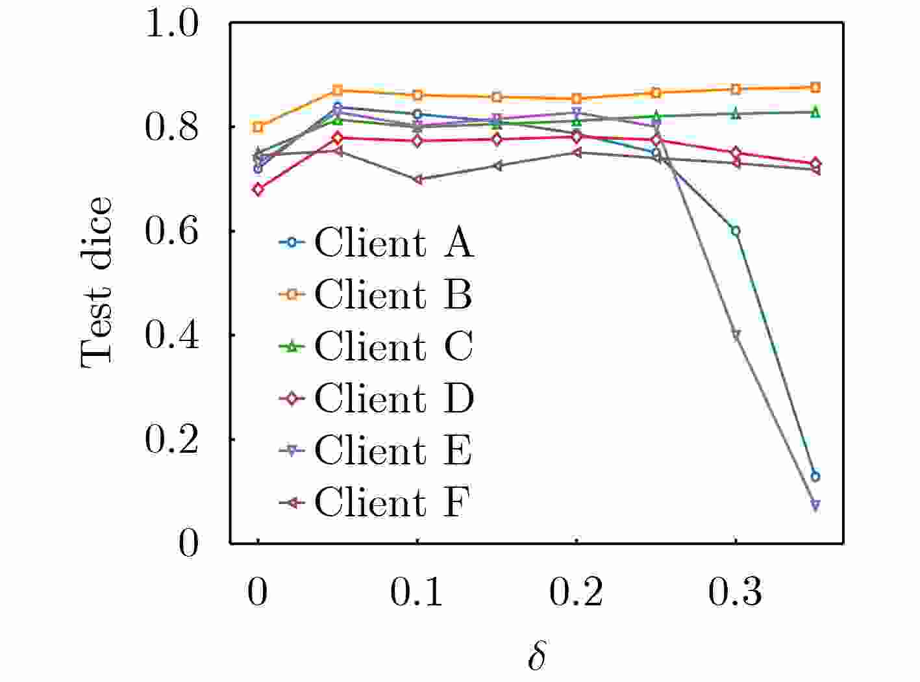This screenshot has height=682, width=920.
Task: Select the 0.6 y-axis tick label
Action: (x=171, y=231)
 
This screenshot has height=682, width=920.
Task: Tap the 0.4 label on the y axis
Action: (x=171, y=335)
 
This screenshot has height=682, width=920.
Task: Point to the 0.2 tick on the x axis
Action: (x=576, y=592)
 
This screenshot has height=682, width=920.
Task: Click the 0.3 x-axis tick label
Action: (x=735, y=592)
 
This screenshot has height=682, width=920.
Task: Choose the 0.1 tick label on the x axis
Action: (x=417, y=592)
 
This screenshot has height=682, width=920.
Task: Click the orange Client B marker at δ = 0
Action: (x=258, y=127)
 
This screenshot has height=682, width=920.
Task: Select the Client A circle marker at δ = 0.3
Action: (x=736, y=231)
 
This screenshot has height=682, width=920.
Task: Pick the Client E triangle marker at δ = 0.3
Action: (x=736, y=335)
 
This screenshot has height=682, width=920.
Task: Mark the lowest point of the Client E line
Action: (x=815, y=505)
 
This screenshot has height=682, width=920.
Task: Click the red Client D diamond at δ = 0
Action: (x=258, y=190)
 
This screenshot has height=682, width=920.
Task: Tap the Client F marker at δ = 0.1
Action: (x=417, y=179)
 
